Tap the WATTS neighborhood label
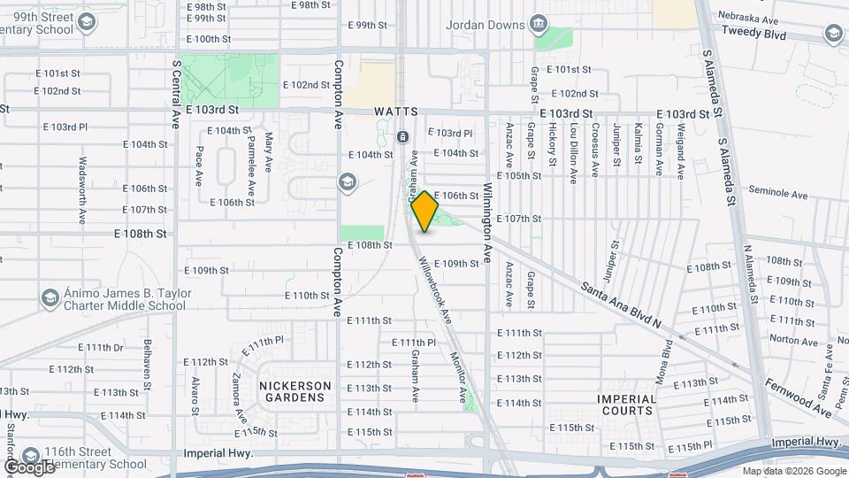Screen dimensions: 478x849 (x=394, y=112)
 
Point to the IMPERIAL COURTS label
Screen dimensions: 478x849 (x=627, y=405)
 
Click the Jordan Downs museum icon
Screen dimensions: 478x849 (x=539, y=23)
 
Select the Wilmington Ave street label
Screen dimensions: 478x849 (x=486, y=223)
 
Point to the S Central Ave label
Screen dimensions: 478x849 (x=176, y=93)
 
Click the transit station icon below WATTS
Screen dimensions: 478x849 (x=402, y=137)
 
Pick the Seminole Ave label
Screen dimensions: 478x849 (x=778, y=193)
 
